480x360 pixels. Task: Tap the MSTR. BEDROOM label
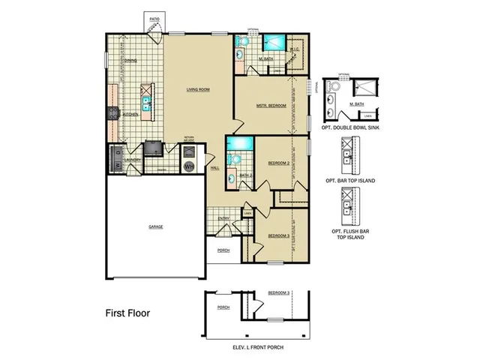(x=271, y=106)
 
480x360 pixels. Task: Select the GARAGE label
(x=155, y=226)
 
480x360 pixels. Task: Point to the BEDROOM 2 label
(x=279, y=163)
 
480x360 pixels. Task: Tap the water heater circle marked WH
(x=190, y=165)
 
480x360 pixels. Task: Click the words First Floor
(x=127, y=312)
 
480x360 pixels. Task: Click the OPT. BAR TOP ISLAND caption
(x=350, y=181)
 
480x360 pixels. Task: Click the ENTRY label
(x=223, y=218)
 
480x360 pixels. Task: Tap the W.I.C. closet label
(x=295, y=50)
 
